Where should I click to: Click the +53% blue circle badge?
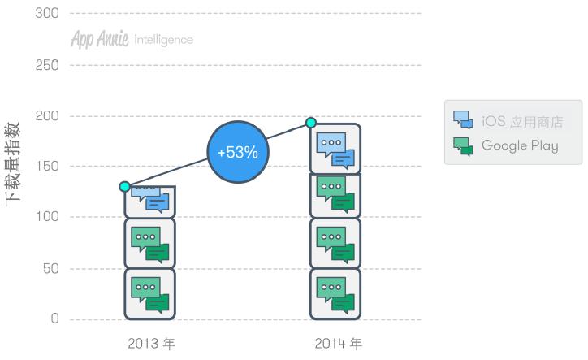(238, 152)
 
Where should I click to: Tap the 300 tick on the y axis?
(47, 13)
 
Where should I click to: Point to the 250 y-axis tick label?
(47, 65)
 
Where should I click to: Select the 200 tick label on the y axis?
(47, 116)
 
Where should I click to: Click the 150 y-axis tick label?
(47, 166)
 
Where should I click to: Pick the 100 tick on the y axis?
(47, 217)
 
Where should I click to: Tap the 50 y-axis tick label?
(50, 269)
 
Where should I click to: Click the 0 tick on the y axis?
(54, 319)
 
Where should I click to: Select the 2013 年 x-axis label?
(152, 344)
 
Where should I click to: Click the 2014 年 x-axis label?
(338, 344)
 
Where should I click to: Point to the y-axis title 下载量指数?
(12, 164)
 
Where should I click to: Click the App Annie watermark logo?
(100, 39)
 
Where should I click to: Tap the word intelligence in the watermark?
(163, 40)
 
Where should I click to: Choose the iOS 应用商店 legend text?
(522, 122)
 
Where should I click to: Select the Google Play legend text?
(520, 145)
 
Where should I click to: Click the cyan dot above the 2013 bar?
(125, 186)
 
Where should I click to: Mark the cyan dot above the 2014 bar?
(311, 123)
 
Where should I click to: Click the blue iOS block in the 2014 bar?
(335, 149)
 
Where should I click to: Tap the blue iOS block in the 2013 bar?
(150, 202)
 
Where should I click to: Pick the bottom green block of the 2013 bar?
(150, 294)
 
